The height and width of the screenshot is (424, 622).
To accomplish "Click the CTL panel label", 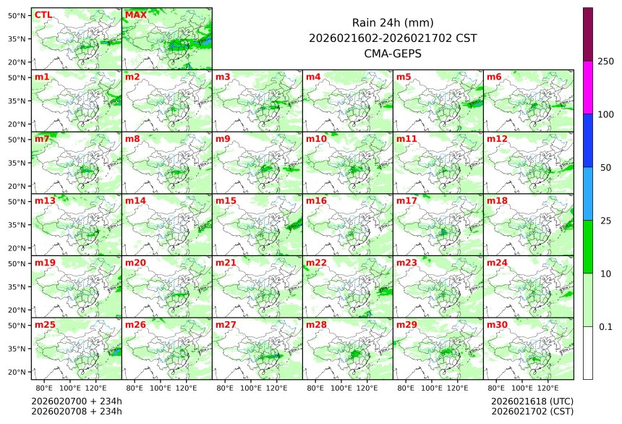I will tap(43, 14).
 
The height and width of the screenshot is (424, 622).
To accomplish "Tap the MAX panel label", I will tap(135, 14).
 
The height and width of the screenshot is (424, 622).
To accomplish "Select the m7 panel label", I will tap(42, 138).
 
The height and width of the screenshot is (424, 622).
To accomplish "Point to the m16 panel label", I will tap(316, 200).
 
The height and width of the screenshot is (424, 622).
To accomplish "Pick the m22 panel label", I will tap(316, 263).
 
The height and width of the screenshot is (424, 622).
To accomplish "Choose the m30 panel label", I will tap(497, 325).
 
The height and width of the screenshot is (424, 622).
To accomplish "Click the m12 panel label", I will tap(497, 138).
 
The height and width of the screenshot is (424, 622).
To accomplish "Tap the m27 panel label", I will tap(226, 325).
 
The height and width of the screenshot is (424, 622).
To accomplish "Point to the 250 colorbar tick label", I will tap(605, 62).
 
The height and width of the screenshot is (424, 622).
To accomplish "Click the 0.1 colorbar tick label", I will tap(605, 327).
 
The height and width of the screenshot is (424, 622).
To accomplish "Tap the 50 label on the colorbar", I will tap(605, 167).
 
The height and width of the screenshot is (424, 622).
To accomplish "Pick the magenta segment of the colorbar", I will tap(588, 87).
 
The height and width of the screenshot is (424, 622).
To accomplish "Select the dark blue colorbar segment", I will tap(588, 140).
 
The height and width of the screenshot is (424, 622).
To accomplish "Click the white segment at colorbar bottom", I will tap(588, 352).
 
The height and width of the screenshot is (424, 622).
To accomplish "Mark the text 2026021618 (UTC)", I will tap(532, 401).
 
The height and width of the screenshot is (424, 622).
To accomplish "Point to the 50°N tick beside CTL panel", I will tap(17, 15).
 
